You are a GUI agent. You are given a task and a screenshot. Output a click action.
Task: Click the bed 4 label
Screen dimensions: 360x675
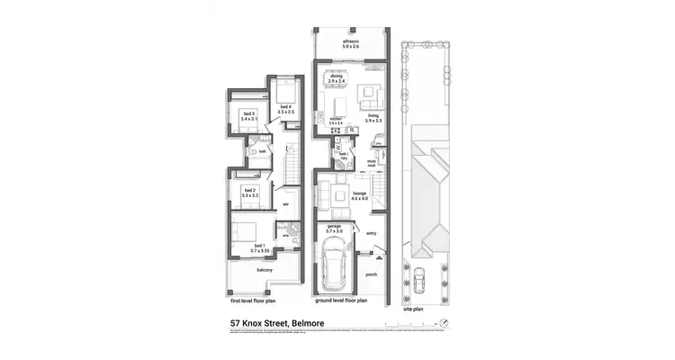284,110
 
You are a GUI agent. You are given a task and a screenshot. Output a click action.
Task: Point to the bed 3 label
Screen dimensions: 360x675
249,116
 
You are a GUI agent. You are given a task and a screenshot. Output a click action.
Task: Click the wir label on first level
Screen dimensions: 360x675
284,203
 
